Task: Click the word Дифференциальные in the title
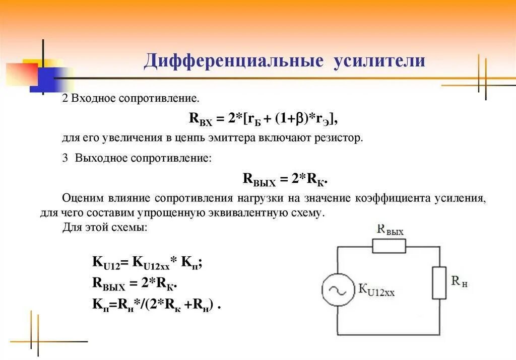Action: coord(233,61)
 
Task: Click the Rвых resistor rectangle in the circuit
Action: coord(389,246)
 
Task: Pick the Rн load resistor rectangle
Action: coord(439,283)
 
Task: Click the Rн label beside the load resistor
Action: coord(459,282)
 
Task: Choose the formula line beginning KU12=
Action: coord(147,262)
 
